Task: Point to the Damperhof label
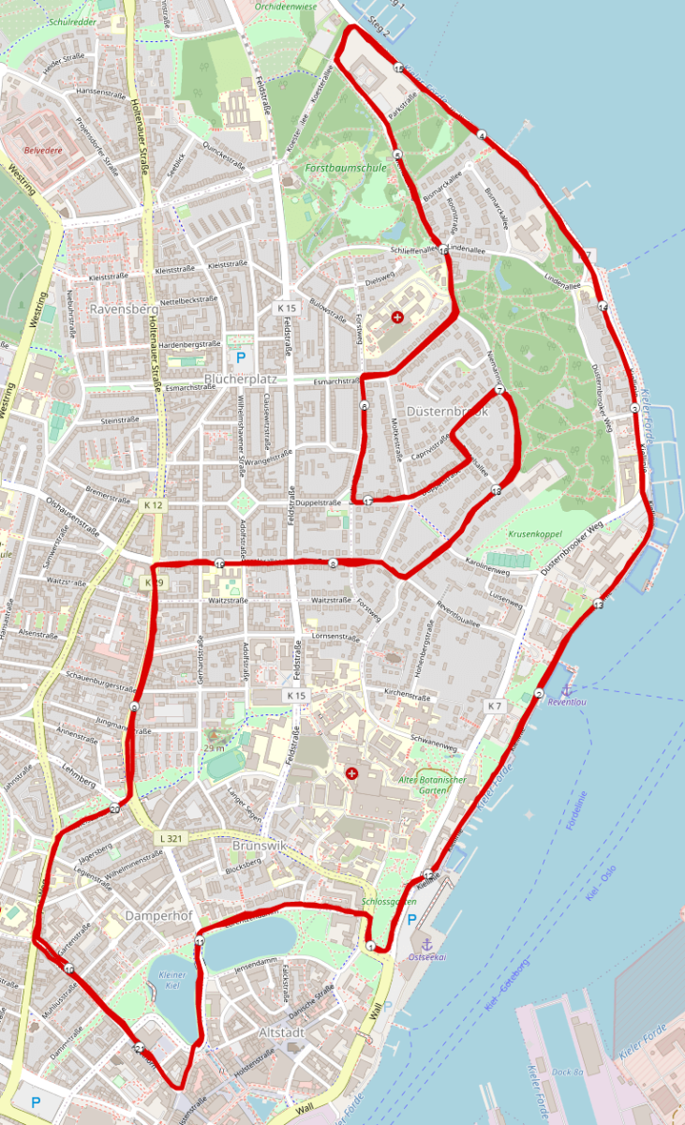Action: point(156,912)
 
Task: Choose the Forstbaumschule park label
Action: point(346,168)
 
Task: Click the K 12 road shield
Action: point(154,504)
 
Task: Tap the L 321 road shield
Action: point(171,838)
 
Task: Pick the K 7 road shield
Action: point(495,704)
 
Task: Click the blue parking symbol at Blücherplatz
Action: point(240,357)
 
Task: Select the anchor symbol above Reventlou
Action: point(565,690)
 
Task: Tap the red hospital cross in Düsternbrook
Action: point(398,318)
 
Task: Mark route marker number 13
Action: point(598,606)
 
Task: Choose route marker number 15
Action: point(398,69)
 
